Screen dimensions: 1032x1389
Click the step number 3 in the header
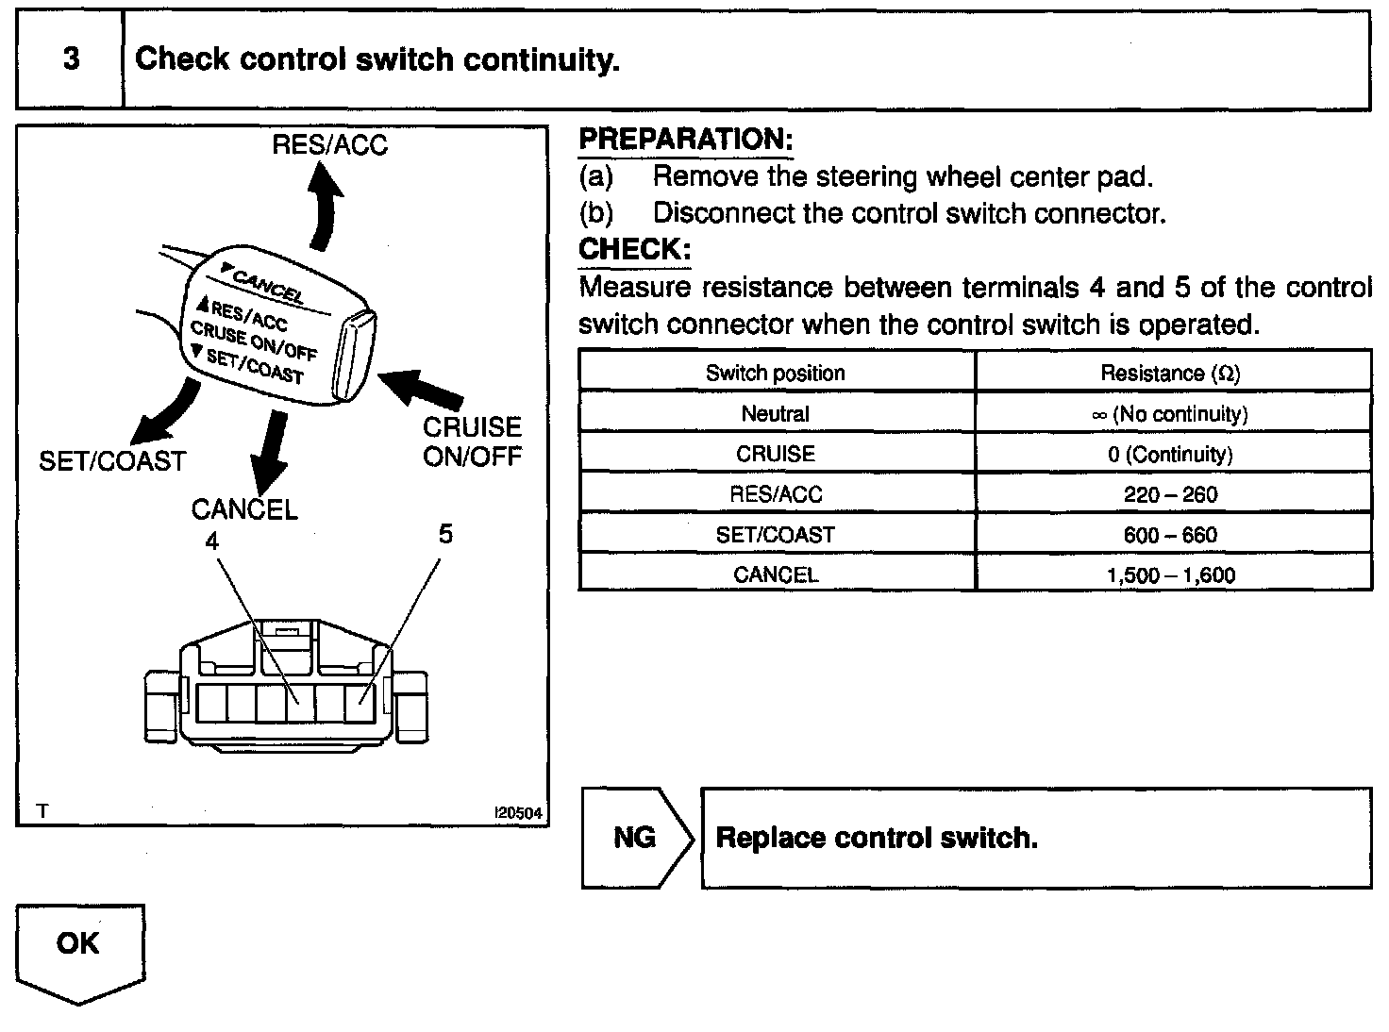pyautogui.click(x=71, y=59)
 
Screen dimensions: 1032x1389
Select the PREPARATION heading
pyautogui.click(x=685, y=140)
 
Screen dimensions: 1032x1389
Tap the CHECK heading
pyautogui.click(x=634, y=250)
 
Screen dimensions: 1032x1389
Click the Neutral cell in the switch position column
pyautogui.click(x=775, y=413)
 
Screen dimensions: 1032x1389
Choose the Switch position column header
pyautogui.click(x=775, y=373)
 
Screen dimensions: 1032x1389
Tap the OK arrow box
pyautogui.click(x=80, y=948)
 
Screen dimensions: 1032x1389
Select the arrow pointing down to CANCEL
pyautogui.click(x=270, y=450)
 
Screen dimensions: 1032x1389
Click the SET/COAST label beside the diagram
pyautogui.click(x=112, y=461)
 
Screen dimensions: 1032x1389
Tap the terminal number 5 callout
pyautogui.click(x=445, y=534)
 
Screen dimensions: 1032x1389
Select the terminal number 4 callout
pyautogui.click(x=212, y=541)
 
